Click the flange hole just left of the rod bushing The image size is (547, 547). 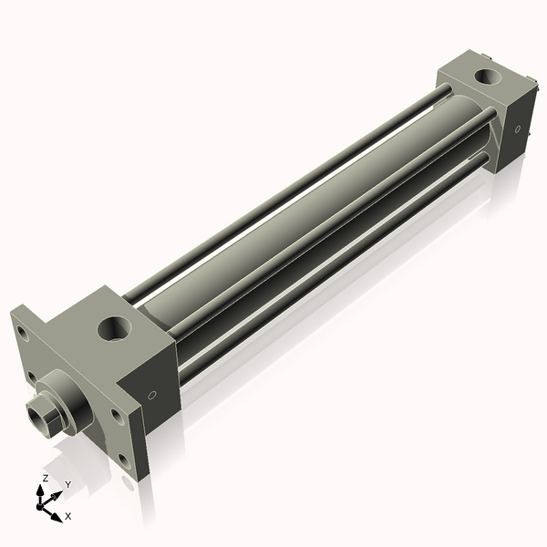[x=32, y=376]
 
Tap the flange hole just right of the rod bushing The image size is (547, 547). [x=115, y=416]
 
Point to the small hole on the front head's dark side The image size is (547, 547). [x=152, y=396]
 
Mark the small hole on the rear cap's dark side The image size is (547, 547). [x=518, y=129]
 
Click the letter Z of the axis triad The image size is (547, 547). [x=46, y=478]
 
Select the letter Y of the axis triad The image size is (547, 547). [x=67, y=484]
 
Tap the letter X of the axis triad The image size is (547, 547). [x=67, y=516]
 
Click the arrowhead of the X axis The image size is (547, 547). [x=57, y=511]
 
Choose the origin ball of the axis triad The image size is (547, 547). [x=42, y=502]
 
